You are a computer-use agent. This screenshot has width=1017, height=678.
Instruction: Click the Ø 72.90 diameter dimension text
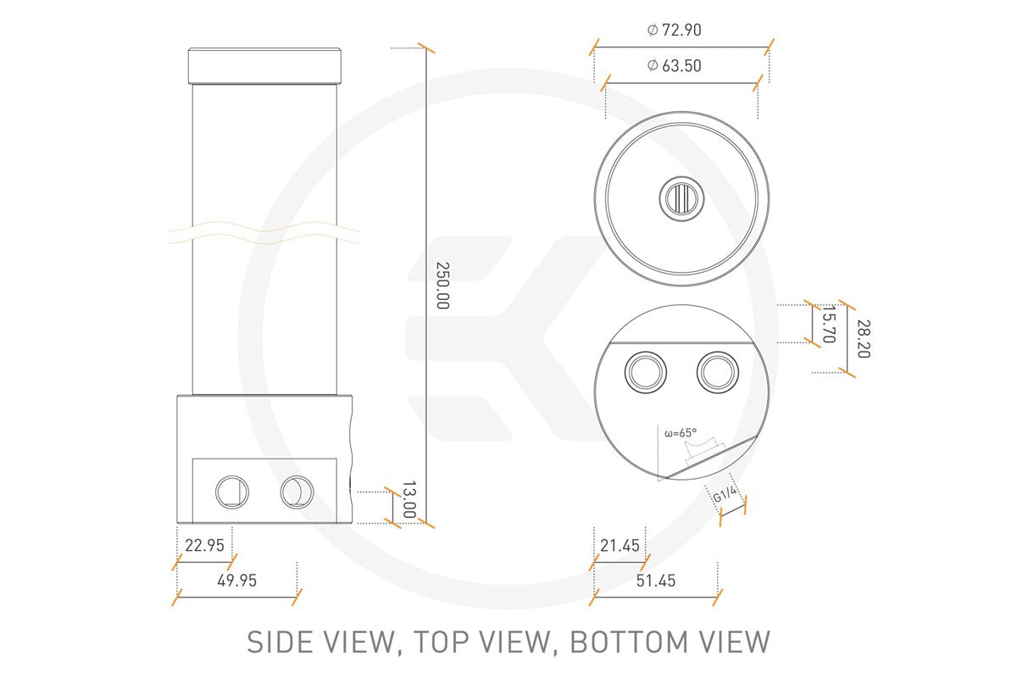675,30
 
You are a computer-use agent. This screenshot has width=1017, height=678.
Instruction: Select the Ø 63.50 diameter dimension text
675,66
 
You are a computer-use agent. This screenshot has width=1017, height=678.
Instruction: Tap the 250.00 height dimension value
442,286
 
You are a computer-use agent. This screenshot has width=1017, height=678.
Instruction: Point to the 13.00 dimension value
409,499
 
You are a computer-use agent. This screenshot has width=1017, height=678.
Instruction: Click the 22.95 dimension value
205,545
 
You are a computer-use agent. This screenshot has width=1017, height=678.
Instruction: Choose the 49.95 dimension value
237,581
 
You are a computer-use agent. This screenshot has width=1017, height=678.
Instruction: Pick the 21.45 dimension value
620,545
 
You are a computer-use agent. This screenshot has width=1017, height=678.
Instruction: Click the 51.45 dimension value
656,581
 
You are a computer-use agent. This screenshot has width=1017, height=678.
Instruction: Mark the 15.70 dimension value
829,325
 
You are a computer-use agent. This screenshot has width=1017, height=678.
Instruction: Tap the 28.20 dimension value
864,339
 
